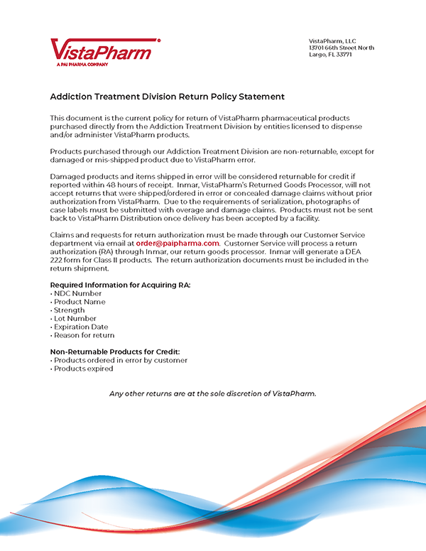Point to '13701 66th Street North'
[x=342, y=48]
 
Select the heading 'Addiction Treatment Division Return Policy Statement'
[x=167, y=96]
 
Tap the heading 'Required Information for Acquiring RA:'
[x=120, y=285]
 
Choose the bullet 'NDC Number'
[x=77, y=293]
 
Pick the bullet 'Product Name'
[x=80, y=302]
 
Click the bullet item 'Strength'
[x=70, y=310]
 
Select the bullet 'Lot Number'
[x=76, y=319]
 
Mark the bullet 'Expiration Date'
[x=82, y=327]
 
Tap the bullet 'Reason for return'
[x=84, y=335]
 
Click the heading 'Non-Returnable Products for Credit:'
[x=114, y=352]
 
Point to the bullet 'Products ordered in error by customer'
[x=120, y=360]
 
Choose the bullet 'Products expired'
[x=83, y=369]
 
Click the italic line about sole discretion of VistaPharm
[x=212, y=393]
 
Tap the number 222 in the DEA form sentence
[x=57, y=260]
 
